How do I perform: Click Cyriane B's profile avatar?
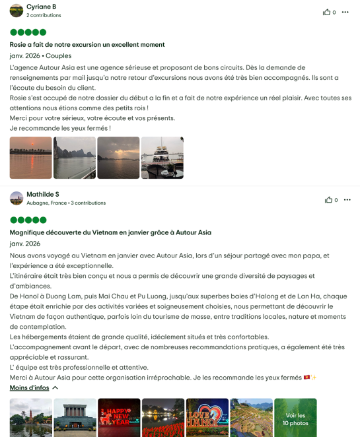pos(17,11)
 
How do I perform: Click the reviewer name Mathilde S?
pos(43,194)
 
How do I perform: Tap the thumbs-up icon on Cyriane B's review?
pos(326,12)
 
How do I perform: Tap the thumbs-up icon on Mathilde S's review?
pos(328,200)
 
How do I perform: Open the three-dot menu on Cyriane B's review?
pos(345,12)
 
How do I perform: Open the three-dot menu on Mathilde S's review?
pos(347,200)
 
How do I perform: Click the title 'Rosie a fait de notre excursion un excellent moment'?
pos(87,45)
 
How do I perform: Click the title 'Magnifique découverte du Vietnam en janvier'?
pos(110,232)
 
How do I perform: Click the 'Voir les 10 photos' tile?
pos(295,418)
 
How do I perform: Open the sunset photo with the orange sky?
pos(30,158)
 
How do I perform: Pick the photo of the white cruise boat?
pos(162,158)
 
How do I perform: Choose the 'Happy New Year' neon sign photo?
pos(119,418)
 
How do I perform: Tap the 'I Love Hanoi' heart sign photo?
pos(207,418)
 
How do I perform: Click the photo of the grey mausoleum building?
pos(75,418)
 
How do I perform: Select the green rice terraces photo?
pos(251,418)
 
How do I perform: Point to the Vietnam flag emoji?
pos(306,378)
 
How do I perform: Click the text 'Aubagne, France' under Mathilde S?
pos(47,203)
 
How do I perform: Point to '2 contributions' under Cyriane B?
pos(44,15)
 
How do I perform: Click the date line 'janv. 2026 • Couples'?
pos(40,56)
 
